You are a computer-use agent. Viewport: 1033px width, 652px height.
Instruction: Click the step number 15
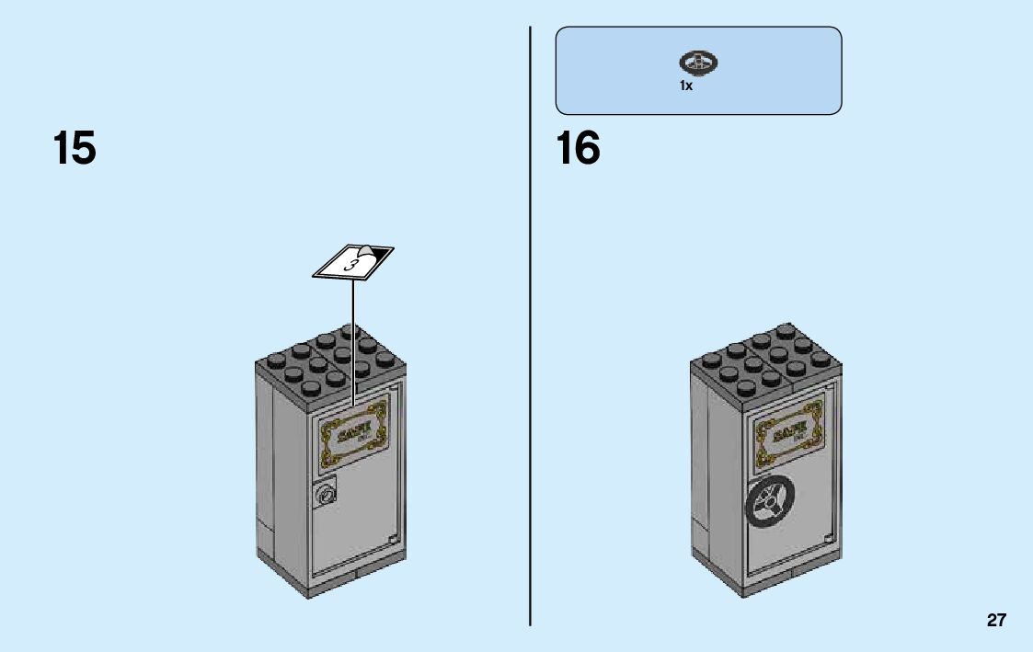(75, 148)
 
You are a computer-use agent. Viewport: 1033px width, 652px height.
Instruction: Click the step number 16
(579, 148)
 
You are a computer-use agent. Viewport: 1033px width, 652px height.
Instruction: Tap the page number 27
(996, 621)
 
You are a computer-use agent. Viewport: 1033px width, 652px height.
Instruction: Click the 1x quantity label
(686, 86)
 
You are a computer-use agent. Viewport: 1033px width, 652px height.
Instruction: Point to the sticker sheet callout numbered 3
(353, 261)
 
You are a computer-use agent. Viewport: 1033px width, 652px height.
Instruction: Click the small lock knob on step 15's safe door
(326, 496)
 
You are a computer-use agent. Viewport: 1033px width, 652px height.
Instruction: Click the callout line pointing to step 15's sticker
(353, 340)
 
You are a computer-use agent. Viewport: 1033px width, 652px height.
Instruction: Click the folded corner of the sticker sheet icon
(373, 251)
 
